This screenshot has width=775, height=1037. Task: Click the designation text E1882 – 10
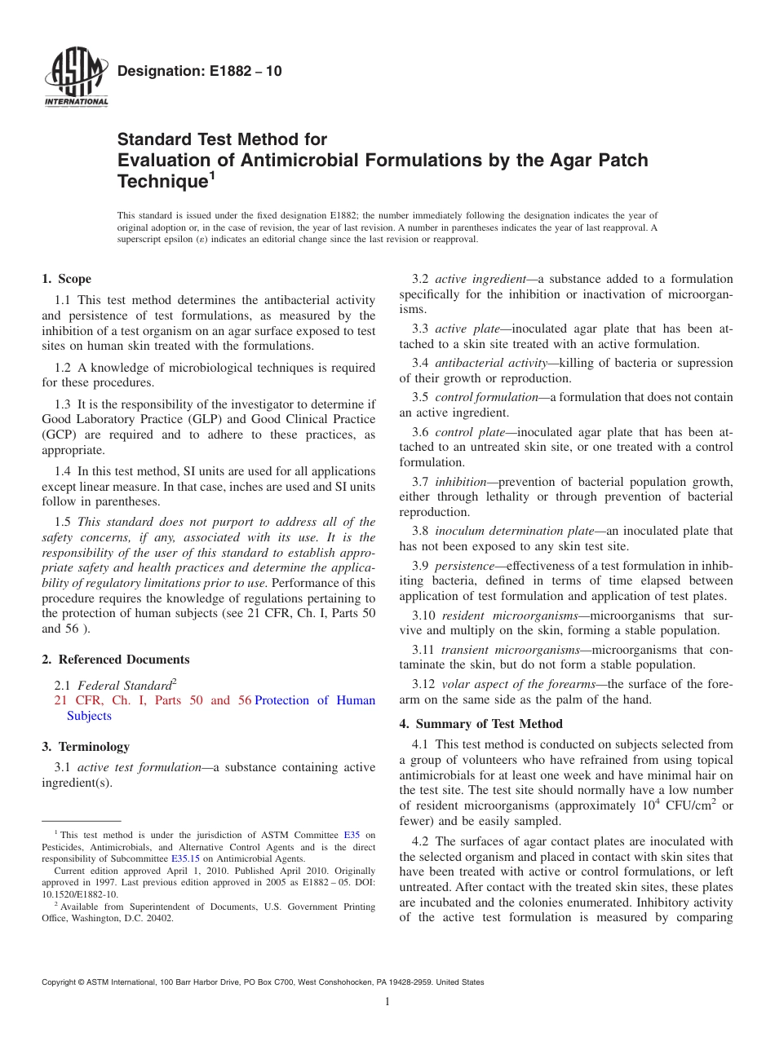(200, 72)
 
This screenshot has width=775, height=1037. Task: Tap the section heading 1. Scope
(67, 279)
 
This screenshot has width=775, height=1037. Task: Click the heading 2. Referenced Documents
(116, 660)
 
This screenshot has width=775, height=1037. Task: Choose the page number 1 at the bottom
(387, 1002)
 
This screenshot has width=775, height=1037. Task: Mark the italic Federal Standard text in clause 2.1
(124, 686)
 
